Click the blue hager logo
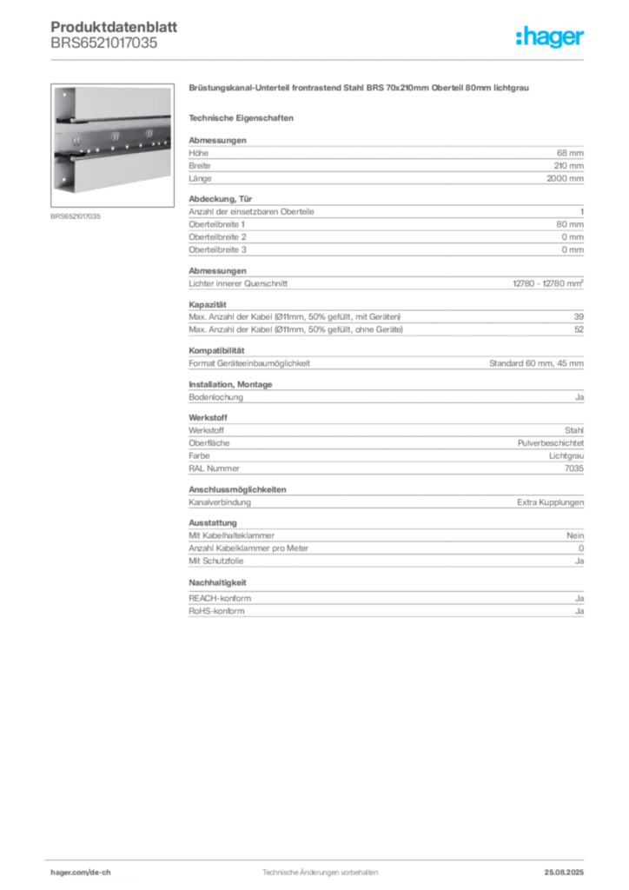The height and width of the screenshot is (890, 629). click(x=552, y=38)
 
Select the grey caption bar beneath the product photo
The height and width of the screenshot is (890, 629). click(x=76, y=216)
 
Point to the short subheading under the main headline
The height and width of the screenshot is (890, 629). click(x=243, y=117)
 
